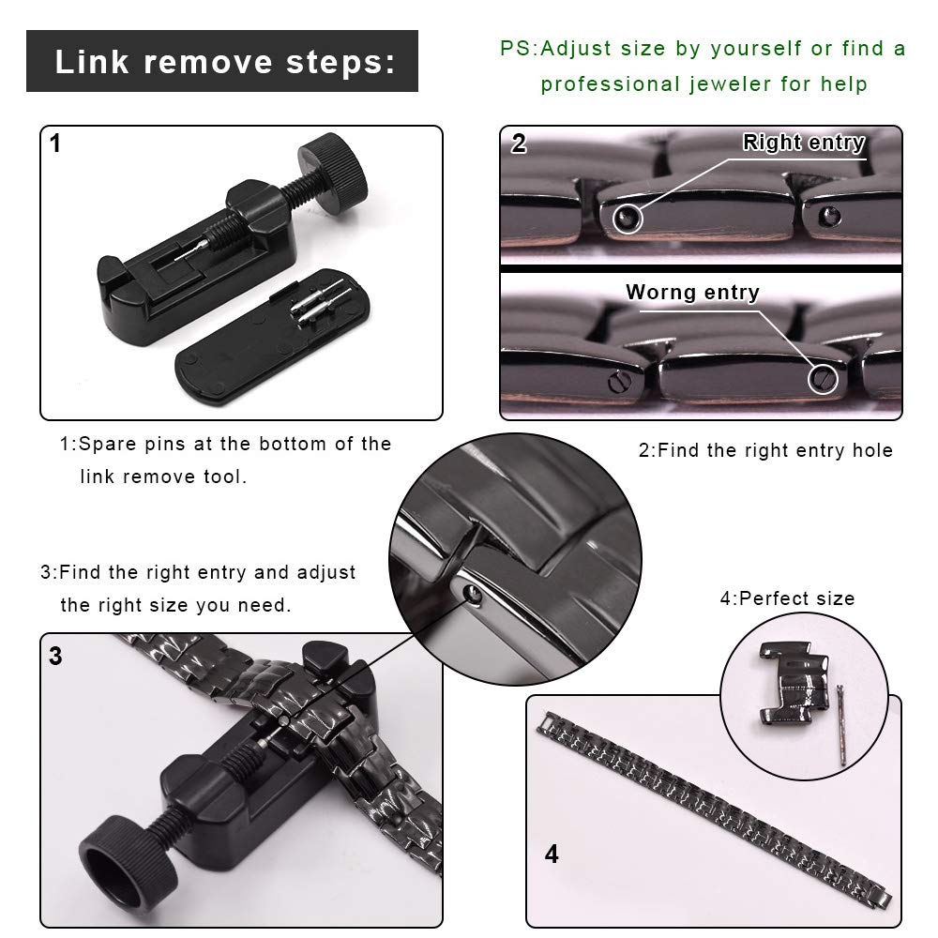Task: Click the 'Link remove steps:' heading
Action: pyautogui.click(x=225, y=62)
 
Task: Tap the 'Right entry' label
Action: pyautogui.click(x=804, y=143)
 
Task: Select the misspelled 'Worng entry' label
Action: pyautogui.click(x=693, y=292)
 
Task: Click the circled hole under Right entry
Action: pyautogui.click(x=627, y=219)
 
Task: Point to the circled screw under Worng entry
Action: pyautogui.click(x=823, y=379)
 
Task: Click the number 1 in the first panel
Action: pyautogui.click(x=55, y=144)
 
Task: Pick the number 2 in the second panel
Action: pyautogui.click(x=519, y=144)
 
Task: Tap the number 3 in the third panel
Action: pyautogui.click(x=55, y=657)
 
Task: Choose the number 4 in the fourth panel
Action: pyautogui.click(x=552, y=854)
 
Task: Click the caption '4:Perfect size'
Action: pyautogui.click(x=787, y=598)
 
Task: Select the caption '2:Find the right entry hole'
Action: pyautogui.click(x=765, y=450)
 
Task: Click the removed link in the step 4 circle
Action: pyautogui.click(x=794, y=683)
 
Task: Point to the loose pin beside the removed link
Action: pyautogui.click(x=841, y=725)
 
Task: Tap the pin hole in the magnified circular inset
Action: pyautogui.click(x=473, y=594)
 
